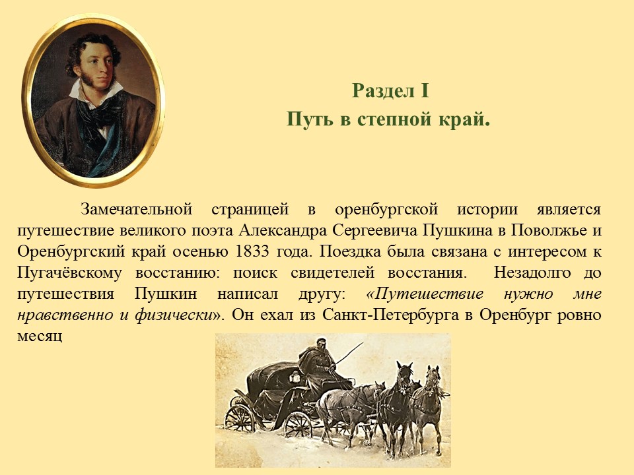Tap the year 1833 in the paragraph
pyautogui.click(x=252, y=251)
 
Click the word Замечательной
pyautogui.click(x=136, y=209)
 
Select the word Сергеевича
pyautogui.click(x=375, y=231)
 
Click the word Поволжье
pyautogui.click(x=548, y=230)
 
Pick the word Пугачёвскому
pyautogui.click(x=69, y=273)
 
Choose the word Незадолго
pyautogui.click(x=532, y=272)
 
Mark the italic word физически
pyautogui.click(x=174, y=315)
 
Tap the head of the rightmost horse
pyautogui.click(x=433, y=377)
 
